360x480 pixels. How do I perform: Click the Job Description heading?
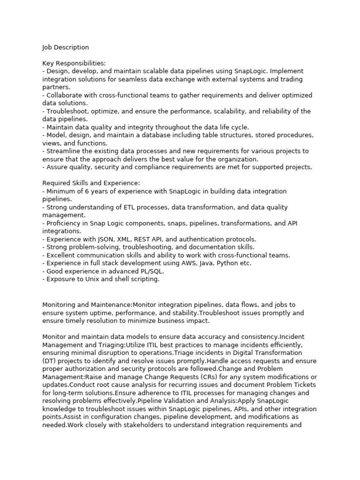(x=65, y=47)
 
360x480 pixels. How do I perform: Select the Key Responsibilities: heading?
(x=74, y=63)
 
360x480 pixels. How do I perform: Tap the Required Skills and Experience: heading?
(x=91, y=183)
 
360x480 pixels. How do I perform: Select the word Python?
(x=227, y=263)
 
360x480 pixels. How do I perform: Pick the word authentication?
(x=203, y=239)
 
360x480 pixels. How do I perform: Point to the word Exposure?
(x=60, y=279)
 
